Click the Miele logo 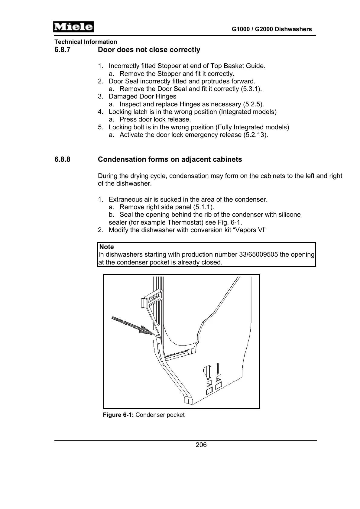(x=73, y=27)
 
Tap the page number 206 (x=201, y=445)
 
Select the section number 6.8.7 (x=62, y=50)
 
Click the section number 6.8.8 (x=62, y=159)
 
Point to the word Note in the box (x=106, y=247)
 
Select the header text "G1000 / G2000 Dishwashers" (x=272, y=29)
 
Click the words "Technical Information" (x=86, y=42)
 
